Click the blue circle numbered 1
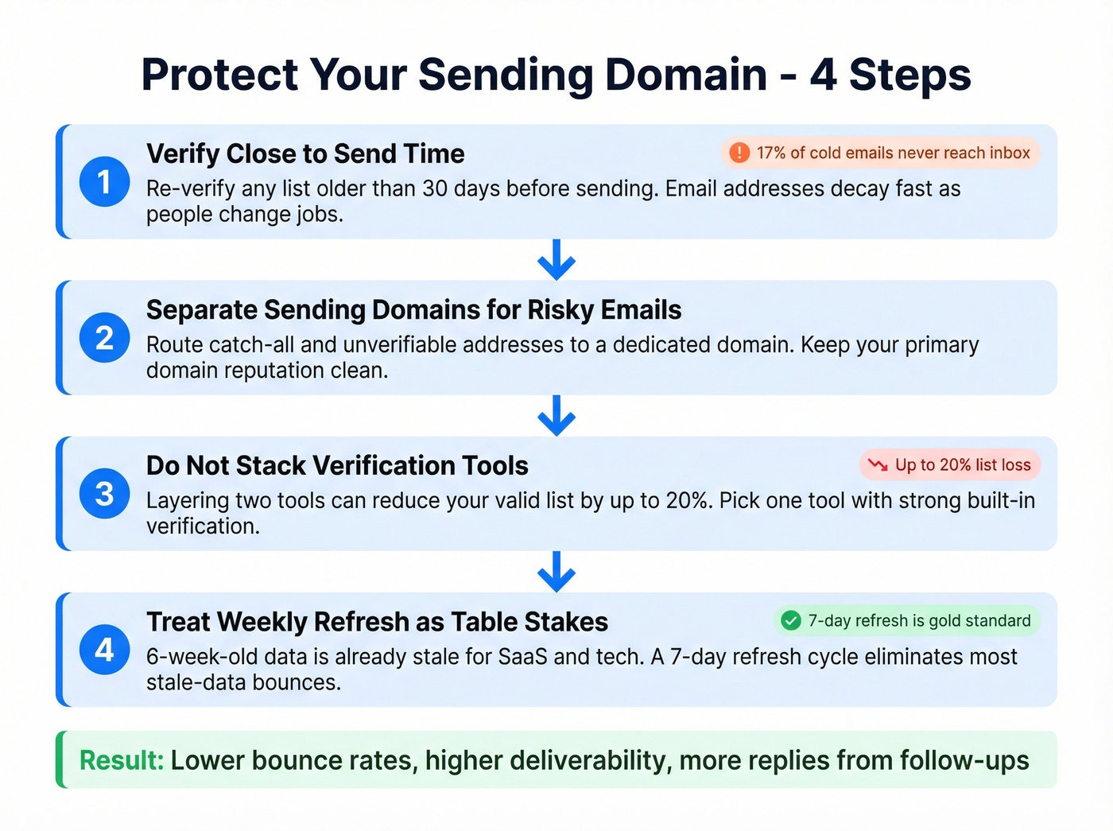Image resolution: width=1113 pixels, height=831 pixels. point(104,182)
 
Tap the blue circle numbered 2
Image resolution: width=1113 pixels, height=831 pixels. point(104,338)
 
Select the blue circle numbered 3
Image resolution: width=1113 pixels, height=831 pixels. point(104,494)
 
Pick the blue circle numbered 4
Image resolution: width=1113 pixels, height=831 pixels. point(104,650)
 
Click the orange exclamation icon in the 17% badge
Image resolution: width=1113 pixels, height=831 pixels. point(739,153)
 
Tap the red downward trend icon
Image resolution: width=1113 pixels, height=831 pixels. point(878,465)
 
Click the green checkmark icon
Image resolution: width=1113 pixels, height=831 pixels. point(790,621)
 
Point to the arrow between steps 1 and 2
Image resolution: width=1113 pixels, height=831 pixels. point(556,259)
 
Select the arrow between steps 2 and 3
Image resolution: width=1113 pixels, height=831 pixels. point(556,415)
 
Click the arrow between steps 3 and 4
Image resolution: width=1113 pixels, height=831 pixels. point(556,571)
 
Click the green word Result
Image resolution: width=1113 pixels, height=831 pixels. point(121,760)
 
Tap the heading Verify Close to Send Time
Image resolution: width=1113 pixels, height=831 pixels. point(305,153)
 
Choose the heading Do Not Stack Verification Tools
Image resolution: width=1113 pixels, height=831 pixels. point(337,465)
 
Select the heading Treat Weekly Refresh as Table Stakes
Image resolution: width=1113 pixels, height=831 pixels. point(377,621)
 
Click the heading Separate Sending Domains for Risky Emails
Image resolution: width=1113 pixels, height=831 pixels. point(413,309)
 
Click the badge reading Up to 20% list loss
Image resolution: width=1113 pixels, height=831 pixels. point(950,465)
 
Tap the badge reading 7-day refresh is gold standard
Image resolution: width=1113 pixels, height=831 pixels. point(906,621)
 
